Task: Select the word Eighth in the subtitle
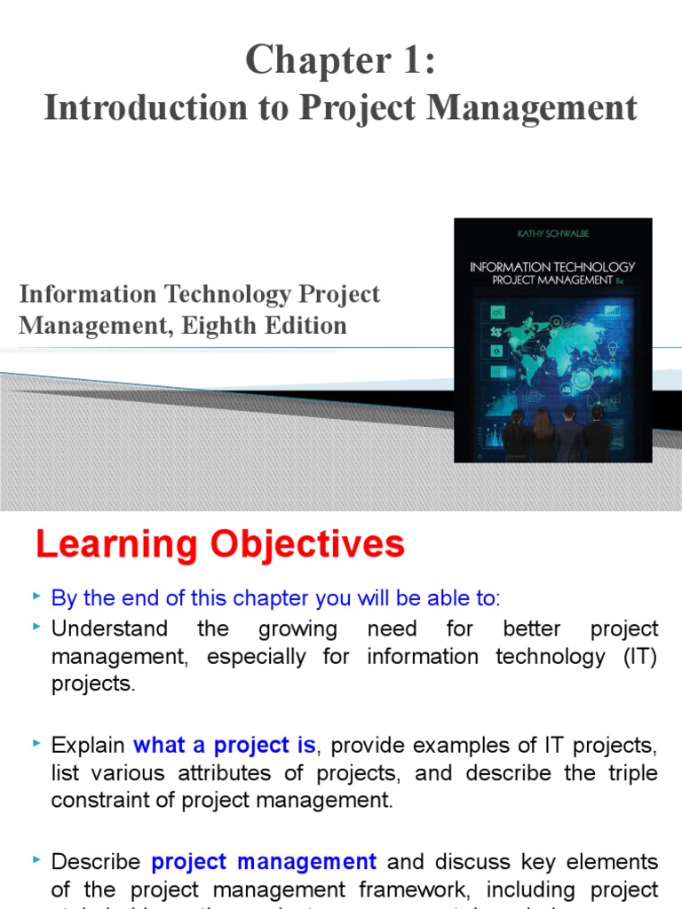coord(219,326)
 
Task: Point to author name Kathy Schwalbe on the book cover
coord(552,233)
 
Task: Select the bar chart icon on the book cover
coord(612,310)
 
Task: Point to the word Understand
coord(109,629)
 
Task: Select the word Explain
coord(87,745)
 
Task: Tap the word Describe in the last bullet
coord(96,862)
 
